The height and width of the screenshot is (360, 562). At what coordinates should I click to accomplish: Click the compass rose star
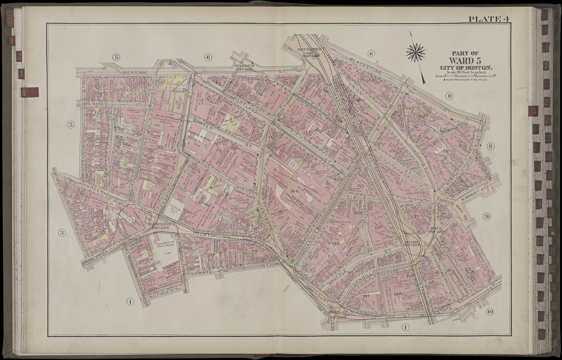[x=415, y=52]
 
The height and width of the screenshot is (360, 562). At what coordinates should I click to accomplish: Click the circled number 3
[x=62, y=233]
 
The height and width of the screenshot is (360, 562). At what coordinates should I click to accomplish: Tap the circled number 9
[x=486, y=216]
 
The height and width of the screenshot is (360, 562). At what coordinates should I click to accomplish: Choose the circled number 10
[x=490, y=311]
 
